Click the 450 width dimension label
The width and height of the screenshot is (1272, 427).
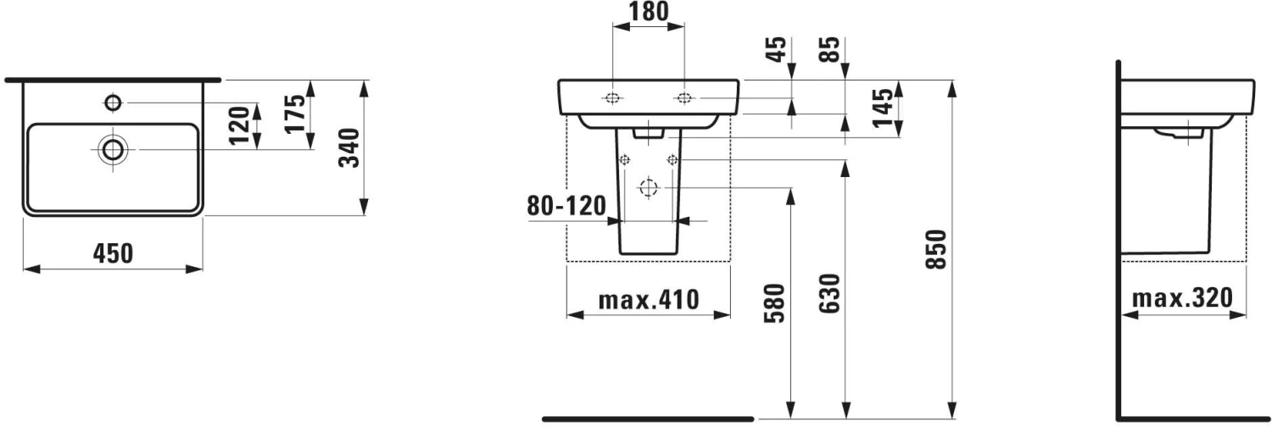coord(112,252)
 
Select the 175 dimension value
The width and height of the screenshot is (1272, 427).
coord(295,114)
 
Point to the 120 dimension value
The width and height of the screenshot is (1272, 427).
coord(241,125)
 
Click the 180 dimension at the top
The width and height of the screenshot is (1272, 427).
coord(649,11)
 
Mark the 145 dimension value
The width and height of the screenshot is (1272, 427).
coord(884,108)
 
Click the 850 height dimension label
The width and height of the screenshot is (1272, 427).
coord(937,249)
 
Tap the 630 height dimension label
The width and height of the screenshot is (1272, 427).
coord(830,293)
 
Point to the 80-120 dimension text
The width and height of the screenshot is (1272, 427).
coord(566,206)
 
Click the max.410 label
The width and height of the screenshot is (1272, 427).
coord(648,300)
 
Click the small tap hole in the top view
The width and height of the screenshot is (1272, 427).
coord(112,103)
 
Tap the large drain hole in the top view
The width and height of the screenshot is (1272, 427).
coord(112,150)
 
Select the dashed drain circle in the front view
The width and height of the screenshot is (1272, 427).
coord(649,187)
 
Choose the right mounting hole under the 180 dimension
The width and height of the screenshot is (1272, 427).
coord(683,98)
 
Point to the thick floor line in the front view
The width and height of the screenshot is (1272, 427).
coord(648,419)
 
